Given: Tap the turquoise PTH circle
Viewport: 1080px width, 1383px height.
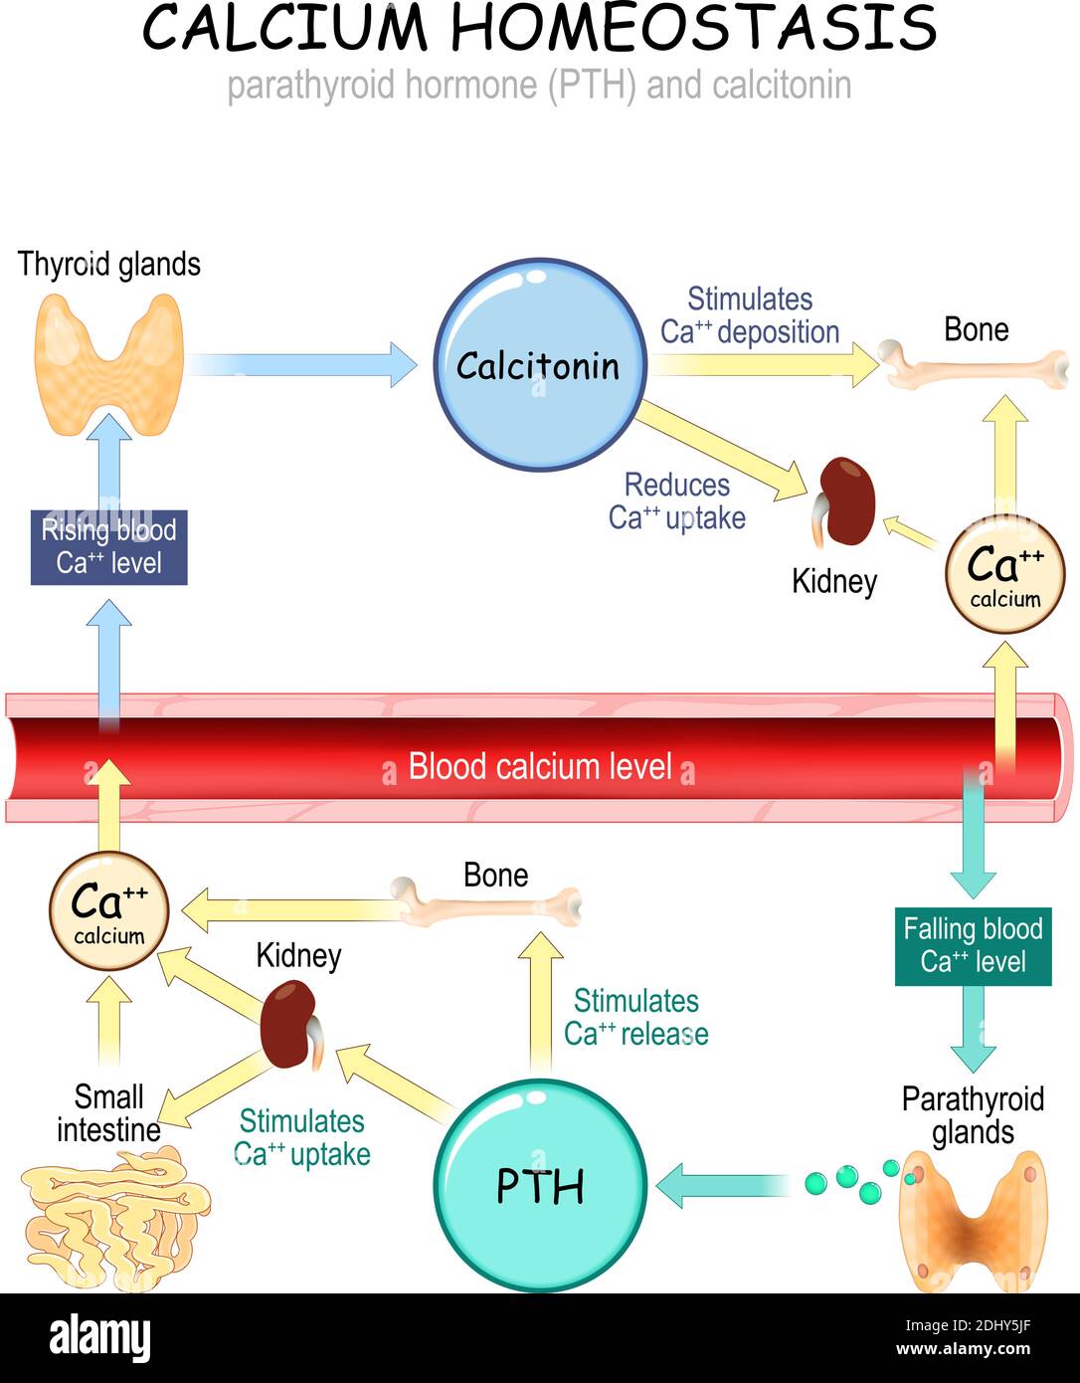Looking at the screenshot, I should tap(540, 1184).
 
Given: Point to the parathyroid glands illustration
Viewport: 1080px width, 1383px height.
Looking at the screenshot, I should tap(973, 1219).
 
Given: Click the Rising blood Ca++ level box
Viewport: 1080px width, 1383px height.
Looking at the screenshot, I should tap(108, 546).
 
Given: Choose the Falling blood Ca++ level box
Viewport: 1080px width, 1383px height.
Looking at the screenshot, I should tap(973, 945).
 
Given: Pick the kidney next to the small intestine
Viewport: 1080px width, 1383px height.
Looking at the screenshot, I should tap(289, 1024).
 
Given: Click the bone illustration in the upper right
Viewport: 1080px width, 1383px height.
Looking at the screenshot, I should tap(976, 366).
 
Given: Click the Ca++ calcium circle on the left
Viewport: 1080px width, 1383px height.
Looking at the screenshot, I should tap(109, 910).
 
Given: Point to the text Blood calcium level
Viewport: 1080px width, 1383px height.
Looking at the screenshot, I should tap(540, 767).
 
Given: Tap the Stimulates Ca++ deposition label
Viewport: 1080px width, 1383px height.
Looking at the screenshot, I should tap(750, 315).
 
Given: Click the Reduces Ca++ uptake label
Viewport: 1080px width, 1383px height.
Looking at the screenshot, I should tap(676, 501).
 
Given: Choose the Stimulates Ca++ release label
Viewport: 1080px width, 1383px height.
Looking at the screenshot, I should tap(635, 1017).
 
